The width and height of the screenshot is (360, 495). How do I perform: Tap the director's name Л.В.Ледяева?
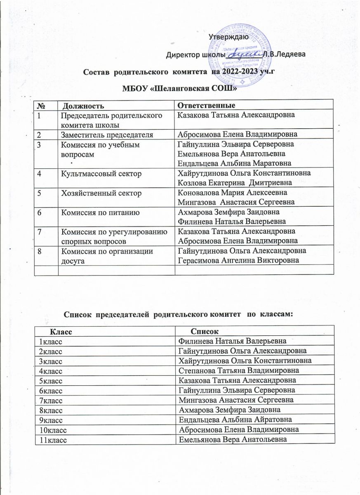[x=284, y=55]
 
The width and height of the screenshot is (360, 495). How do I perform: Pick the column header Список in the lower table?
[x=205, y=331]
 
